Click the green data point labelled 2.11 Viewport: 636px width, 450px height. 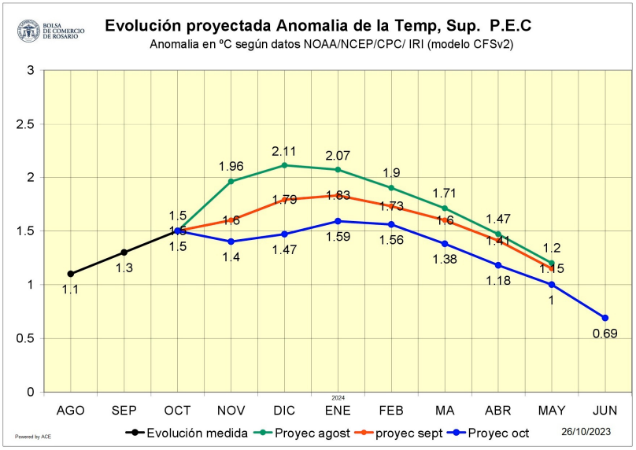coord(284,165)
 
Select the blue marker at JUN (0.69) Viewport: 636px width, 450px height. coord(605,318)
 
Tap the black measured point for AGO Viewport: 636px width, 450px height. coord(71,274)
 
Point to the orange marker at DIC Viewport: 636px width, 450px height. coord(284,200)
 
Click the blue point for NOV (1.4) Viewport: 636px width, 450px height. coord(231,242)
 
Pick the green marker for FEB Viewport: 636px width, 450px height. coord(391,188)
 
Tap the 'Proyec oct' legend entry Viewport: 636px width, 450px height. coord(498,432)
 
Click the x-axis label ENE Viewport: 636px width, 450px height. coord(338,411)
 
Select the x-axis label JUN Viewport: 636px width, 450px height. coord(605,411)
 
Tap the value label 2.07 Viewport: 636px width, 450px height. coord(338,153)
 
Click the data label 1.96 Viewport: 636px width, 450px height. coord(231,166)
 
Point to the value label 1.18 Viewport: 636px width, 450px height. coord(497,280)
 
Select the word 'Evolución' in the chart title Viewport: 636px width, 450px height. coord(142,26)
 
